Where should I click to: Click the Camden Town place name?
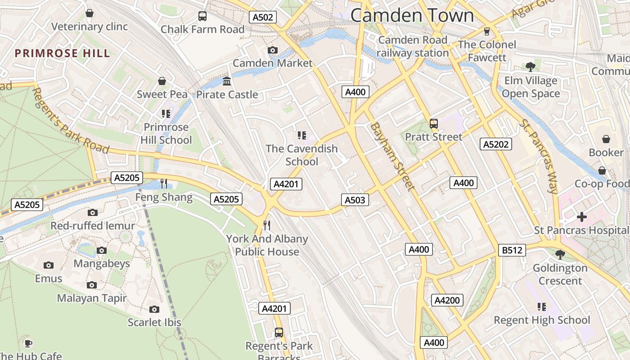412,15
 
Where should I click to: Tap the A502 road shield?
263,18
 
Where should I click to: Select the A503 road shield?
355,200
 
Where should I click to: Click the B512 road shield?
512,250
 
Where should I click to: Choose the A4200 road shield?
447,300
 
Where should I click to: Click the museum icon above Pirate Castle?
227,81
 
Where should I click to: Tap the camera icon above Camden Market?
272,50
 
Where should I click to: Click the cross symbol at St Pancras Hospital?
581,217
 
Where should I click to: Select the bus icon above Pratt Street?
434,123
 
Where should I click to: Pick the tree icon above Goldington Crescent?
560,255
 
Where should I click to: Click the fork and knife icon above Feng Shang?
164,184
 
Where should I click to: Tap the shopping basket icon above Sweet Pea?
162,81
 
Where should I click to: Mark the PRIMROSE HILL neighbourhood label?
62,53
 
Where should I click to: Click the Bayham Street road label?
391,156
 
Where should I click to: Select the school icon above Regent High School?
542,307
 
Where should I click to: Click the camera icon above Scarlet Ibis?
154,309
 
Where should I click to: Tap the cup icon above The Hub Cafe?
28,343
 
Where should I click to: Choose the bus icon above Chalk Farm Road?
202,16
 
